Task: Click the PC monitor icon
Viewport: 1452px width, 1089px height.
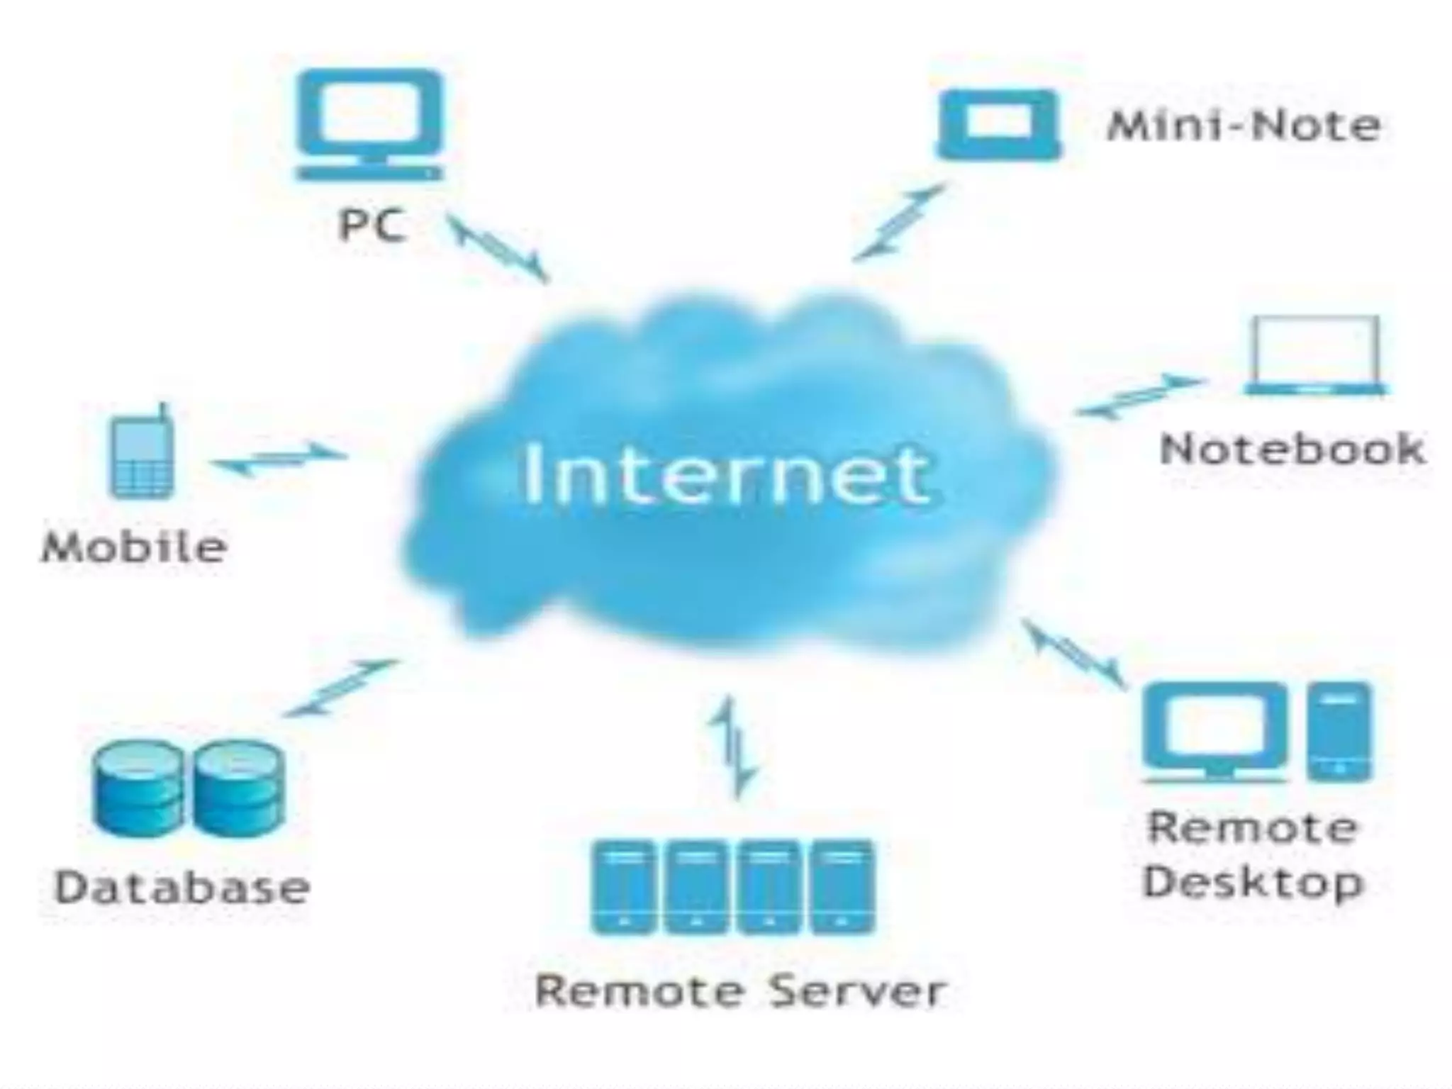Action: pos(369,124)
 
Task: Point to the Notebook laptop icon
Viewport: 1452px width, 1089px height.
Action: pos(1316,354)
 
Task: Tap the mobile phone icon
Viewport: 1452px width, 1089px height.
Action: pos(142,454)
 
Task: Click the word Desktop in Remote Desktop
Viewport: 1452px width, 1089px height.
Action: pos(1253,883)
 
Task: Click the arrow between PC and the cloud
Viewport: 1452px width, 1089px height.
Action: pos(499,248)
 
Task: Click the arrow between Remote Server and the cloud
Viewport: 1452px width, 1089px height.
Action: pos(733,748)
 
